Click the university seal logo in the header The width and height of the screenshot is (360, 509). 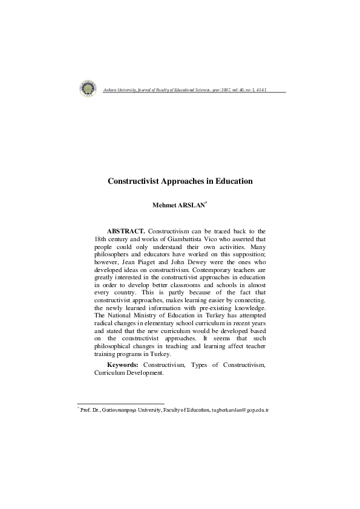[88, 89]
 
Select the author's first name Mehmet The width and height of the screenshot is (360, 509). [165, 205]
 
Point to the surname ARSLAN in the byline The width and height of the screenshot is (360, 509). [193, 205]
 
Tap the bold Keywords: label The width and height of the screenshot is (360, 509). [123, 365]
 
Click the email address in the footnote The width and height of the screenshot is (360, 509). [240, 410]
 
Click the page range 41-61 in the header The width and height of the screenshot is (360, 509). [260, 90]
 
